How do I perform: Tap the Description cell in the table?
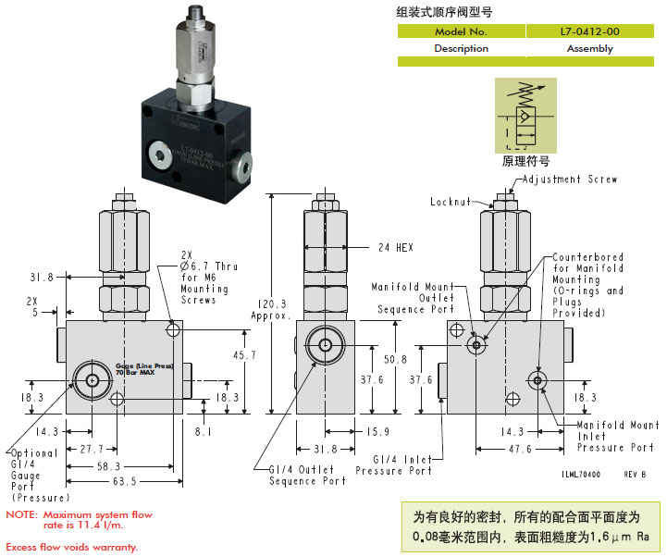(x=461, y=48)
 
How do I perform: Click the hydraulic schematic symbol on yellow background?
(x=525, y=115)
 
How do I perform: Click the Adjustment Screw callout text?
(x=570, y=179)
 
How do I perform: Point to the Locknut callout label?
(x=451, y=201)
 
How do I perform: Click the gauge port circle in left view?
(x=93, y=379)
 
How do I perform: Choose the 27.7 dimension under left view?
(x=92, y=449)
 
